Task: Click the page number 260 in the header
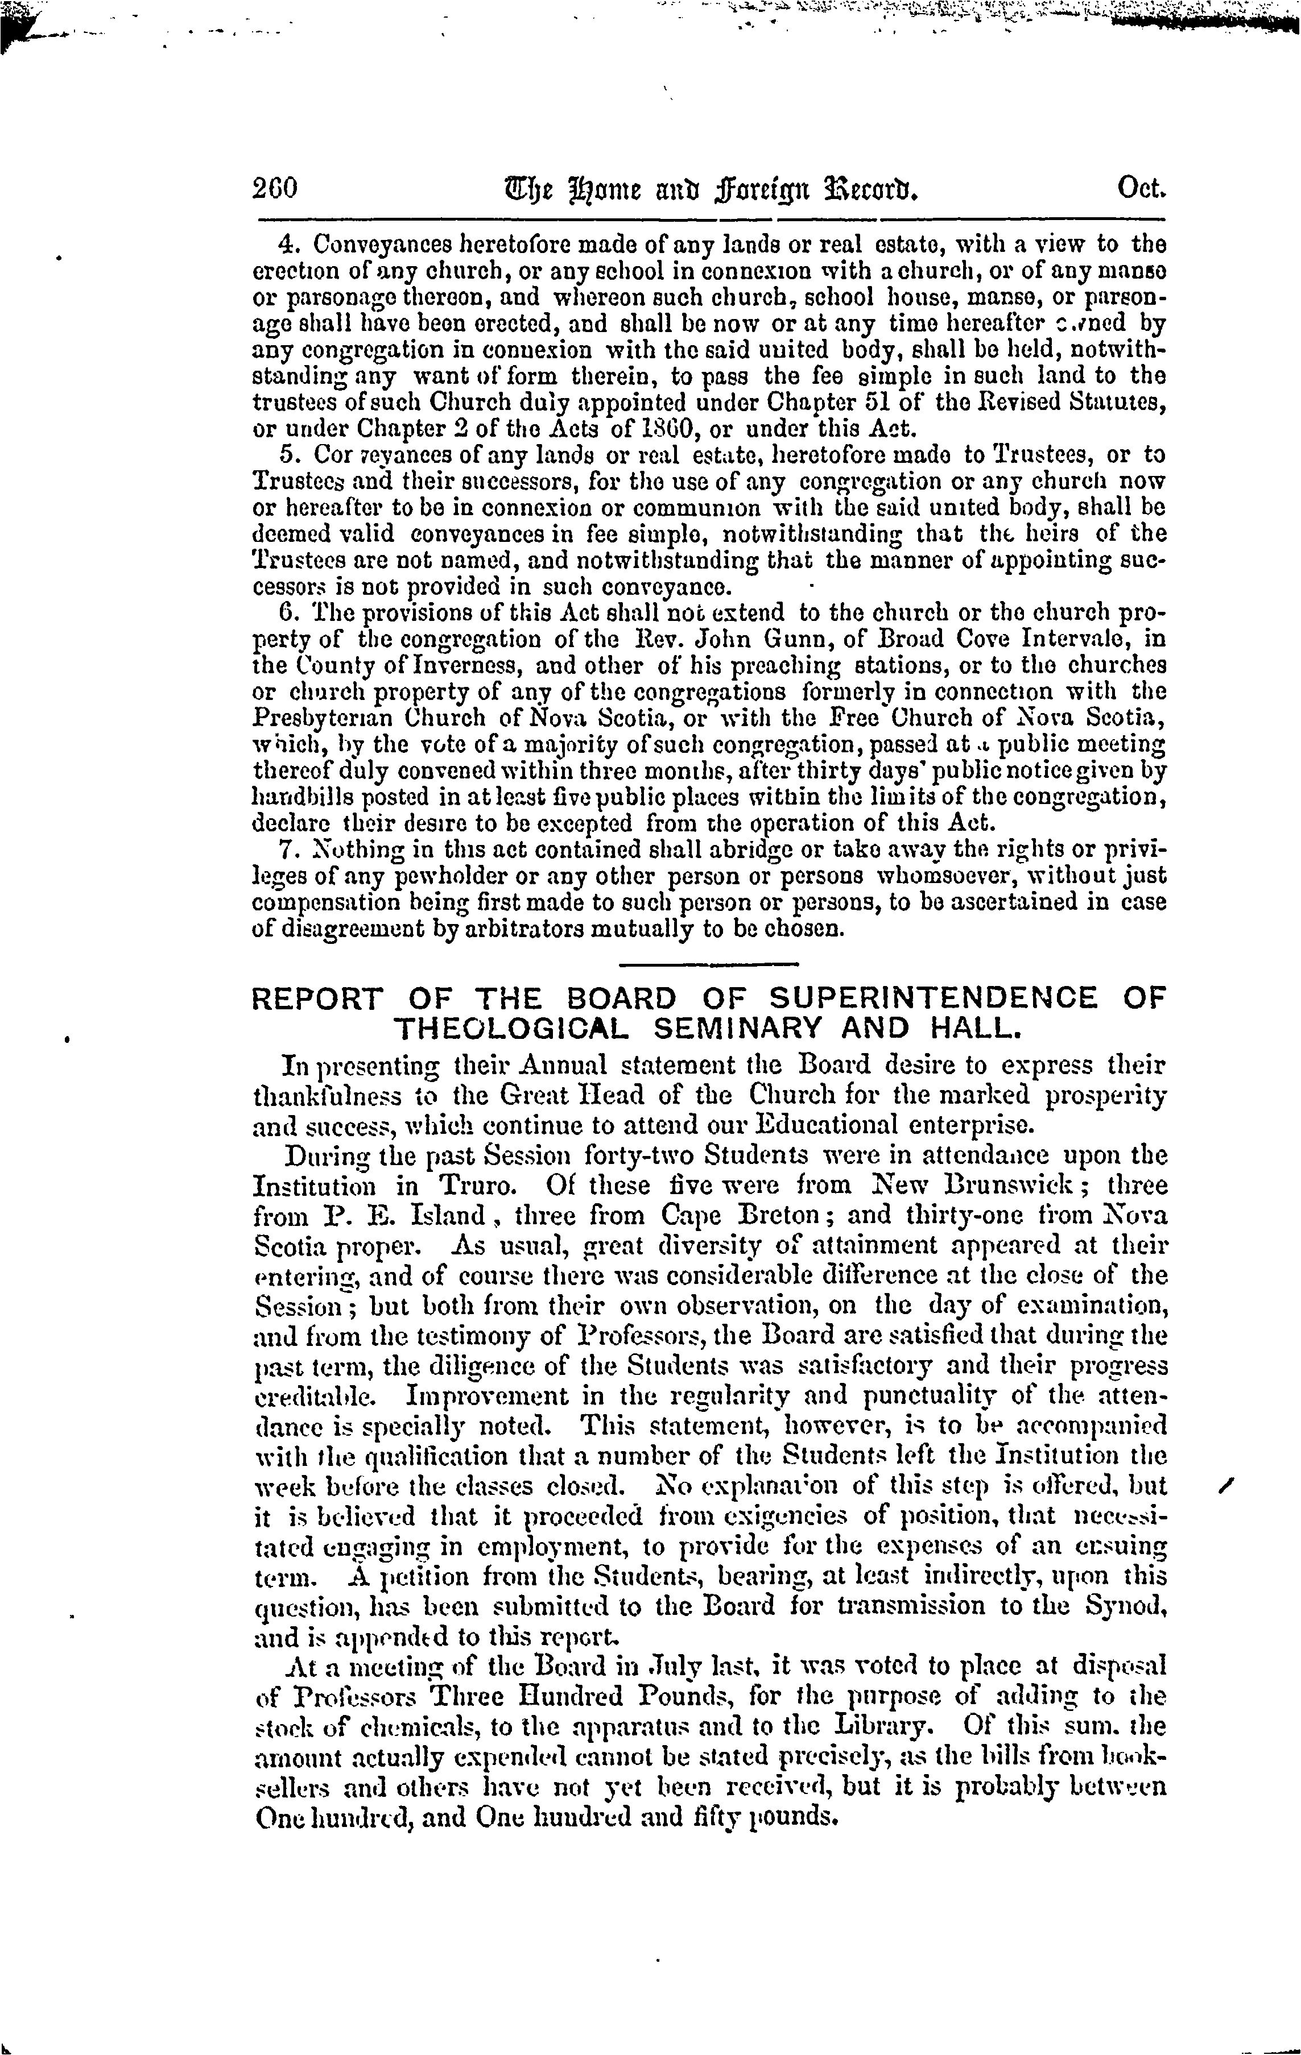[274, 188]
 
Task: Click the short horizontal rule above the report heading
[707, 964]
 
